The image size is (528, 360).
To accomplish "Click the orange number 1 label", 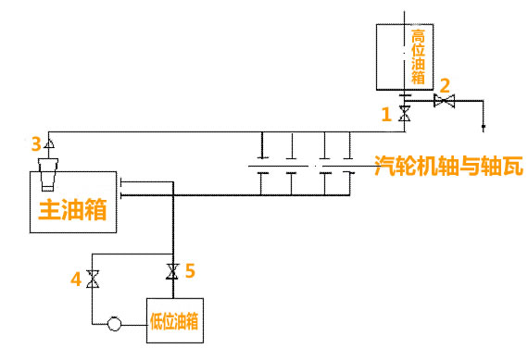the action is [x=386, y=114].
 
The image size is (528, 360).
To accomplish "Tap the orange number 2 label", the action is [x=445, y=85].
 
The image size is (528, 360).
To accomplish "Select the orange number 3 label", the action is [x=36, y=144].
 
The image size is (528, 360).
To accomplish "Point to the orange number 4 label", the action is [x=76, y=279].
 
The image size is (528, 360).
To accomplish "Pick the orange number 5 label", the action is [x=190, y=270].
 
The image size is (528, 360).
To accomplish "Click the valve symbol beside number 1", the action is [x=405, y=114].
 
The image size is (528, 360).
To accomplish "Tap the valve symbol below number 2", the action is [x=444, y=101].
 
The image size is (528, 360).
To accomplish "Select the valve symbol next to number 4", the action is [x=93, y=279].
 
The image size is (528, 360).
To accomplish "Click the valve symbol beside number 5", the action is [x=172, y=271].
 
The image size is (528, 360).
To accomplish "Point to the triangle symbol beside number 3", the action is [x=49, y=143].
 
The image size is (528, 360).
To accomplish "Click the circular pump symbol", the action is [x=114, y=324].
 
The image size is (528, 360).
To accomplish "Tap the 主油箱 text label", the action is [x=73, y=209].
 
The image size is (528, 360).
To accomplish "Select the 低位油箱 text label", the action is [x=174, y=321].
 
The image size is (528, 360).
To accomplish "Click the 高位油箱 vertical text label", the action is [x=418, y=56].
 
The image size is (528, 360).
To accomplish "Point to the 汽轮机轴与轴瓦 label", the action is [x=449, y=166].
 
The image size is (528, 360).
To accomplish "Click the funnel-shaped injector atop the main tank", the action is [x=48, y=174].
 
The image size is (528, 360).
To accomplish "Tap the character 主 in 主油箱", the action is [x=50, y=209].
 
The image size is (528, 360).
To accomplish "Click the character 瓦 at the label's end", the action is [x=513, y=166].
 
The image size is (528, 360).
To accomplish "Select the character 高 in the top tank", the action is [x=418, y=36].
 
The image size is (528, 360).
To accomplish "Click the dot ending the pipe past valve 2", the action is [x=484, y=127].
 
